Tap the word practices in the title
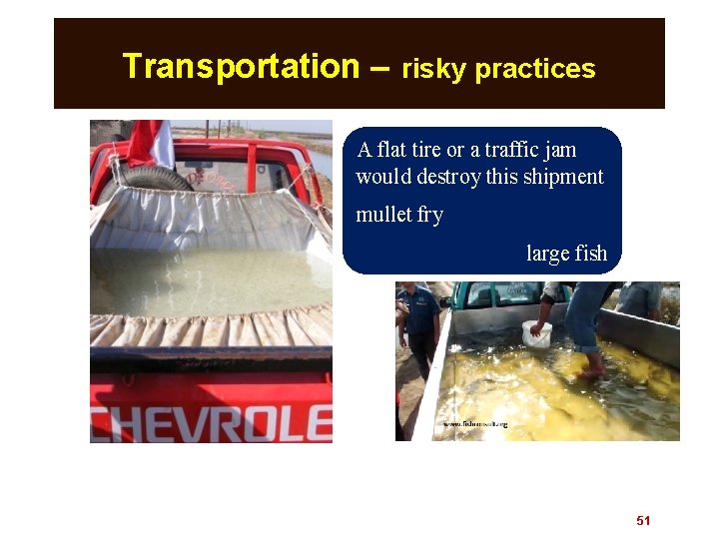[x=535, y=70]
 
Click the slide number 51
[x=643, y=521]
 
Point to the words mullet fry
[x=399, y=215]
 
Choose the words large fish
[x=566, y=254]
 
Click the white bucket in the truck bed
[x=536, y=333]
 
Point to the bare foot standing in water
[x=592, y=371]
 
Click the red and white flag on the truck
[x=151, y=143]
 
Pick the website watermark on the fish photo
[x=475, y=424]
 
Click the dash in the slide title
[x=379, y=68]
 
